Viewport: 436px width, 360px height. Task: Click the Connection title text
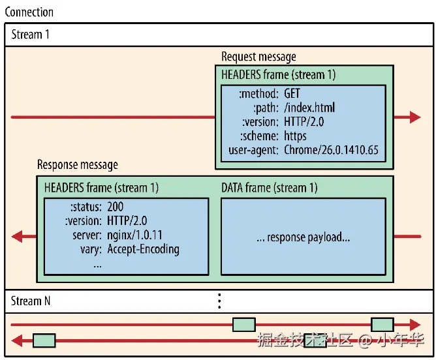pyautogui.click(x=29, y=12)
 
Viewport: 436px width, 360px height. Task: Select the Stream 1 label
pyautogui.click(x=30, y=35)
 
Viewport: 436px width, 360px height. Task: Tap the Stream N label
pyautogui.click(x=31, y=301)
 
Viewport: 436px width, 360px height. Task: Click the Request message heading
pyautogui.click(x=258, y=57)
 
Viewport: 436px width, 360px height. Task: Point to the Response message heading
pyautogui.click(x=78, y=165)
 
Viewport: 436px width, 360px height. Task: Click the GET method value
pyautogui.click(x=292, y=93)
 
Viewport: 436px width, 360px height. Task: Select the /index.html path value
pyautogui.click(x=309, y=108)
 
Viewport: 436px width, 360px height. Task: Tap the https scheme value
pyautogui.click(x=295, y=136)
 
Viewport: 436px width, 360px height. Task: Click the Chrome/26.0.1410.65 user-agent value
pyautogui.click(x=331, y=150)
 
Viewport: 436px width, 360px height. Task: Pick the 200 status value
pyautogui.click(x=115, y=207)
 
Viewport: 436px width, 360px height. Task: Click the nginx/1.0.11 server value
pyautogui.click(x=134, y=235)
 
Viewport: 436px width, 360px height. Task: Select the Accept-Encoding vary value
pyautogui.click(x=143, y=249)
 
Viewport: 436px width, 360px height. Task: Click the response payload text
pyautogui.click(x=304, y=237)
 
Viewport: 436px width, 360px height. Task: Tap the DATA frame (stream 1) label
pyautogui.click(x=270, y=188)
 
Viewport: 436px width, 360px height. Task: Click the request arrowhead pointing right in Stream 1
pyautogui.click(x=415, y=117)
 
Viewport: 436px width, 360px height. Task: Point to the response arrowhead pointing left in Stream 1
pyautogui.click(x=17, y=237)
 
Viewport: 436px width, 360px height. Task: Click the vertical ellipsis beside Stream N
pyautogui.click(x=219, y=301)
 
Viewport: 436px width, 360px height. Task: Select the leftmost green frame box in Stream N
pyautogui.click(x=44, y=340)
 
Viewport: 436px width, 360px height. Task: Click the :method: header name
pyautogui.click(x=258, y=94)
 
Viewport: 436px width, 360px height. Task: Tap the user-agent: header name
pyautogui.click(x=253, y=150)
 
